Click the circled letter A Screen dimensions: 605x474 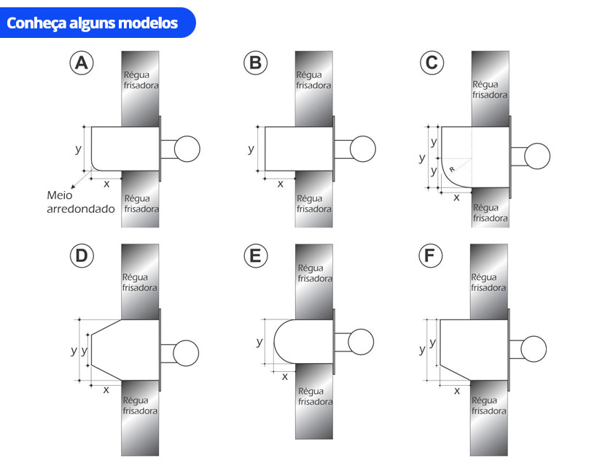[82, 63]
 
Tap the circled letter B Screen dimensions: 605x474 [255, 63]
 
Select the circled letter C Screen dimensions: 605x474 [432, 63]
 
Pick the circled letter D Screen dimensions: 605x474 [82, 255]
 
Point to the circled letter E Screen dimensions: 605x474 [255, 255]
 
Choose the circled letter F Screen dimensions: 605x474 [430, 255]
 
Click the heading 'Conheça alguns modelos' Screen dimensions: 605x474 [93, 23]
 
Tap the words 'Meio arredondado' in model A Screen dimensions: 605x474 [81, 202]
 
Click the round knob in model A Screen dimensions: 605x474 [187, 149]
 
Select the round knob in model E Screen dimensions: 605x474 [361, 341]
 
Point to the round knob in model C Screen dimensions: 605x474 [537, 156]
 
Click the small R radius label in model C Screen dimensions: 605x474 [452, 169]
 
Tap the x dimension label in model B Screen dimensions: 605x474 [280, 184]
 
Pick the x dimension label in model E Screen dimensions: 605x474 [285, 377]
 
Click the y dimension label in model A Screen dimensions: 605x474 [78, 149]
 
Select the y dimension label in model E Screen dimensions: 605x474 [259, 341]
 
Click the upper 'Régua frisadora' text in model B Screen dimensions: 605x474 [313, 80]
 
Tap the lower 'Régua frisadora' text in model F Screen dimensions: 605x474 [489, 405]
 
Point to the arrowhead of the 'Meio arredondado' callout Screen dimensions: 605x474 [73, 187]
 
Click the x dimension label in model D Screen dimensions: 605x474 [106, 390]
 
